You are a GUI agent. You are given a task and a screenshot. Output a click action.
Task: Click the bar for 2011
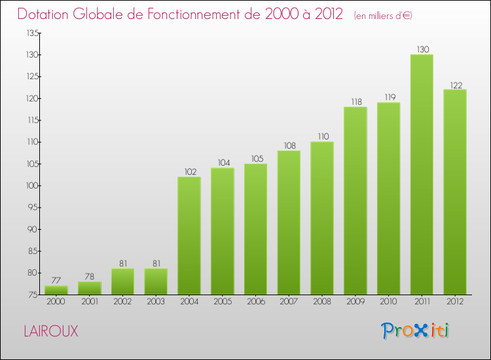(422, 174)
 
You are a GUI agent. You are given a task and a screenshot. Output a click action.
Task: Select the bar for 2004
(189, 236)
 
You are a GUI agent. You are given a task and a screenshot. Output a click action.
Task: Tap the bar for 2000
(56, 290)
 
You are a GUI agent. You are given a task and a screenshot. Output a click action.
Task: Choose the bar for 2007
(289, 223)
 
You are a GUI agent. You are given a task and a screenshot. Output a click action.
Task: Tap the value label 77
(56, 281)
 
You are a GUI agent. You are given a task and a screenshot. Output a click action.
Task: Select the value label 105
(255, 159)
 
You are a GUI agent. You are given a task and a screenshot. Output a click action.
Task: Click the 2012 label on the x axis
(455, 301)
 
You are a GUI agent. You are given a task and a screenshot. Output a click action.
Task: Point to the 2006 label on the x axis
(255, 301)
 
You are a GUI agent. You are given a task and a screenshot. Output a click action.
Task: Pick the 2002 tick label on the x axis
(122, 301)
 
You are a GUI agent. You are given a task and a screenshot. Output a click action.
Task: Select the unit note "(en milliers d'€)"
(383, 16)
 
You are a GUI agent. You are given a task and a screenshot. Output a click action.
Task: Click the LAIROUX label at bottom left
(50, 331)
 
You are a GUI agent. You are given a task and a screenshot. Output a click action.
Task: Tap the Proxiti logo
(416, 331)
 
